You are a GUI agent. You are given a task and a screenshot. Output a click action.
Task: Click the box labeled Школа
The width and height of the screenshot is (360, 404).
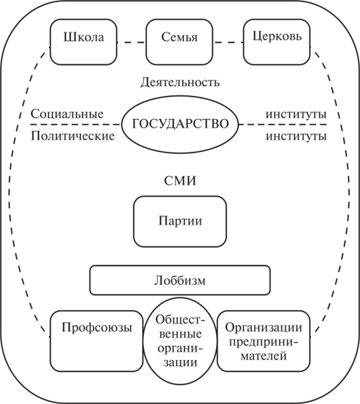click(83, 42)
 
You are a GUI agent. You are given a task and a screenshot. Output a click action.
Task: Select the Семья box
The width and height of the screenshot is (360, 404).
click(180, 42)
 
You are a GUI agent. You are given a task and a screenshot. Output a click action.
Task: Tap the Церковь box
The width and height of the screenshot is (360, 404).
click(276, 42)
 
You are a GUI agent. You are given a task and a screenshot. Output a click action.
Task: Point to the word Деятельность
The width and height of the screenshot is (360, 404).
click(180, 82)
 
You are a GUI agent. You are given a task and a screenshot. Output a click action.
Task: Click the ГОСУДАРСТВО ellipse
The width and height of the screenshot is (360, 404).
click(180, 124)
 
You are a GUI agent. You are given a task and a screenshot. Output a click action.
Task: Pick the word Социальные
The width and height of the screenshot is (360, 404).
click(67, 113)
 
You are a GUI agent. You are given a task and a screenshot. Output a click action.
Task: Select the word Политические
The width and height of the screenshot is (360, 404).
click(73, 136)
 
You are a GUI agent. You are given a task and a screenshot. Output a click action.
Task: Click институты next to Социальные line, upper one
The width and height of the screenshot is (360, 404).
click(296, 114)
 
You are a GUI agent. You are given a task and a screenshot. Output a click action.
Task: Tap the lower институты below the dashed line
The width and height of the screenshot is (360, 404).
click(296, 136)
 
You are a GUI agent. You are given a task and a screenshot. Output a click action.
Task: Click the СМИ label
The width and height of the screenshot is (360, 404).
click(180, 180)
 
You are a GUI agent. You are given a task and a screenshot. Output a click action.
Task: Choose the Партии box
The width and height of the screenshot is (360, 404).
click(180, 222)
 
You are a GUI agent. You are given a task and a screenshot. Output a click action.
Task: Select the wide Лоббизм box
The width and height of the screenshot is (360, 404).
click(180, 280)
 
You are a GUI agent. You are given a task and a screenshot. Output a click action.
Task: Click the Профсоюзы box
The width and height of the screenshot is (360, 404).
click(97, 341)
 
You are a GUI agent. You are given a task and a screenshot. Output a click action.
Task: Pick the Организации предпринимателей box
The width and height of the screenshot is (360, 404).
click(263, 341)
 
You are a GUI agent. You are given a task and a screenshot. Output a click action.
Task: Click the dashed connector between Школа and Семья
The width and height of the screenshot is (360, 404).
click(131, 43)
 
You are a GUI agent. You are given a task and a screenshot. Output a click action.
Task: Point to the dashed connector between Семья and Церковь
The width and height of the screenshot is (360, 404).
click(228, 43)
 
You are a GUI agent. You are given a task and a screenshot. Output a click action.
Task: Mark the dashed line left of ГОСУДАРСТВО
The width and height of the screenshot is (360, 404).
click(76, 124)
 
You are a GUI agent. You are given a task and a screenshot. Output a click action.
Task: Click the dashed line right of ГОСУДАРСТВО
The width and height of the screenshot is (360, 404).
click(283, 124)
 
